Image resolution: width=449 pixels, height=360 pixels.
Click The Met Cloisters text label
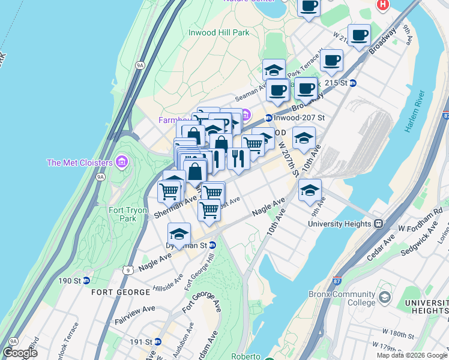click(79, 163)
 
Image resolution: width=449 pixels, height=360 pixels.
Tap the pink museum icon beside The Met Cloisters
click(122, 162)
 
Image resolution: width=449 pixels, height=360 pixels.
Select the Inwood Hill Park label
click(218, 32)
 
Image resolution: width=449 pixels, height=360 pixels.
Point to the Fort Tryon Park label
click(122, 214)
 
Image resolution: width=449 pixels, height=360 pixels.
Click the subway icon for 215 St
click(354, 83)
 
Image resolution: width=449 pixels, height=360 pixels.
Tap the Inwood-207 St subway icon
click(269, 118)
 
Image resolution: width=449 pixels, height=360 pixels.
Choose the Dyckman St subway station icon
click(212, 245)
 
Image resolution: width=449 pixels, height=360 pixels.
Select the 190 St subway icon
click(86, 280)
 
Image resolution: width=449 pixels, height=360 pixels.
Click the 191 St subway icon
click(157, 341)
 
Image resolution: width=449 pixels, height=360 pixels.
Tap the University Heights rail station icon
click(379, 223)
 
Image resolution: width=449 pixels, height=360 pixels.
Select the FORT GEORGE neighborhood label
click(121, 292)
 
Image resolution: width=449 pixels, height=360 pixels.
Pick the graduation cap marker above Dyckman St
click(179, 233)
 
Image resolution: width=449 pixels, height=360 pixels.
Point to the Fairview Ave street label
click(135, 313)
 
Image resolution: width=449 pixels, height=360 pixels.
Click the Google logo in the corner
click(20, 353)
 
